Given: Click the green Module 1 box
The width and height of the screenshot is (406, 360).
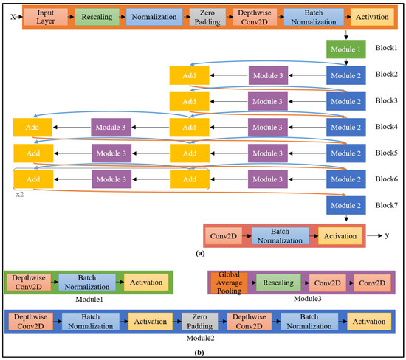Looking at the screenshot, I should [x=345, y=50].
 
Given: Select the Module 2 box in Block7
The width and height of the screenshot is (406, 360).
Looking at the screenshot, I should [x=345, y=204].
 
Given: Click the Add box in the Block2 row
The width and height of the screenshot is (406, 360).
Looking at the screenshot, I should [x=189, y=75].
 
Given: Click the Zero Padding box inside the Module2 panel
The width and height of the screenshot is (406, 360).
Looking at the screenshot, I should [x=201, y=322].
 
